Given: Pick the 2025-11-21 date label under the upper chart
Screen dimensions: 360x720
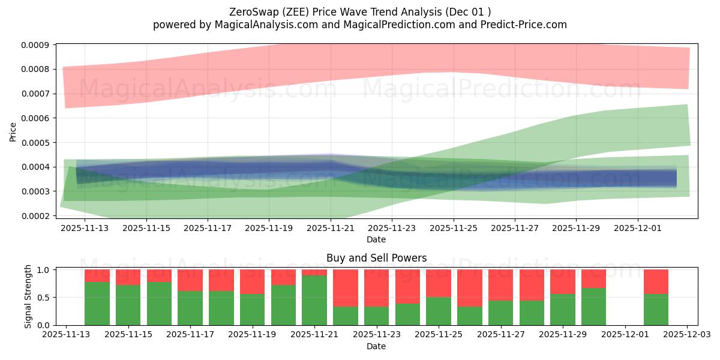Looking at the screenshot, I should click(331, 228).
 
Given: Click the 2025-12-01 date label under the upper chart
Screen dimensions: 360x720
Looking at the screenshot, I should click(638, 228).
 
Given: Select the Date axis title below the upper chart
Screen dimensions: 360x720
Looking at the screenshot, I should click(376, 239).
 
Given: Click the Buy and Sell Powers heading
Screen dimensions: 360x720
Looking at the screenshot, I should click(376, 258).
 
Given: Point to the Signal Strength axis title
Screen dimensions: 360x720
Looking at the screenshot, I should click(28, 296).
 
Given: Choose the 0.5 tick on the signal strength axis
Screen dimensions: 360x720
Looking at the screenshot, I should click(44, 298).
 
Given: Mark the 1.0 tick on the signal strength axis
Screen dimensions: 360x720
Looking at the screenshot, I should click(44, 270).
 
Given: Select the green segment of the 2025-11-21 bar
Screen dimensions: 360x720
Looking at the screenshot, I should click(314, 300).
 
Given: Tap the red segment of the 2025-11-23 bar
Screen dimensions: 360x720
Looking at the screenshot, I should click(376, 288).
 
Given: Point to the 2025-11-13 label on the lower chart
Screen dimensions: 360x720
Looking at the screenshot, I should click(66, 335).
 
